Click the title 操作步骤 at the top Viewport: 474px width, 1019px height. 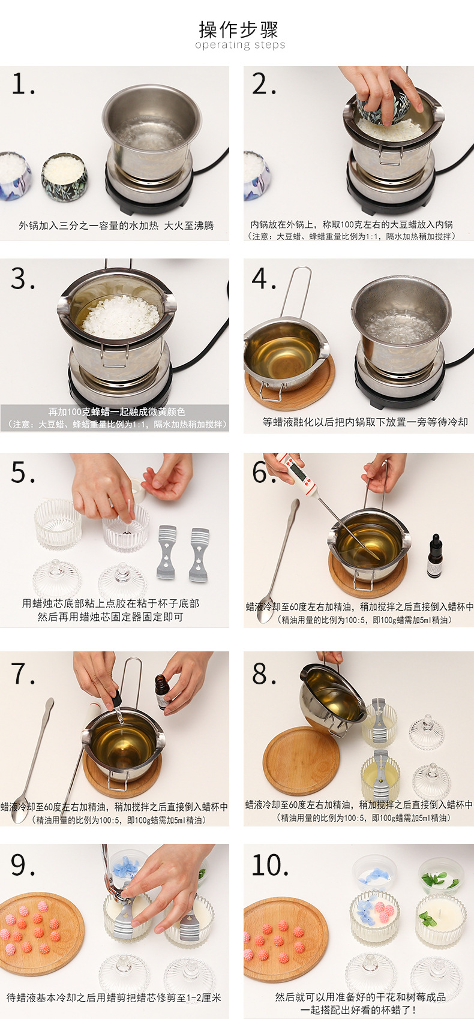click(x=238, y=29)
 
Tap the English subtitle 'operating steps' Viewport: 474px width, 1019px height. click(x=240, y=44)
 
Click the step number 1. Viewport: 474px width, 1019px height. click(x=23, y=85)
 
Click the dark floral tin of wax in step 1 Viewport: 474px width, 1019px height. click(x=64, y=176)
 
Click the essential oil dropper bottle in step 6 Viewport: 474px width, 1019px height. click(x=434, y=555)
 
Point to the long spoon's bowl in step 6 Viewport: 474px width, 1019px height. click(x=265, y=609)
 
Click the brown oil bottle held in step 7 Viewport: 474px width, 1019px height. click(x=162, y=692)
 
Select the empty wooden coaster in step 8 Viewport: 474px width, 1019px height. click(x=301, y=761)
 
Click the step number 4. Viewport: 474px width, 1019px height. click(x=264, y=278)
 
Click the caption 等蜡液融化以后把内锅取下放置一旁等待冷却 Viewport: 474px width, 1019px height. click(x=365, y=422)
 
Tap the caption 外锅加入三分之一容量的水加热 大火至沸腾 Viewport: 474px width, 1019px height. click(x=116, y=225)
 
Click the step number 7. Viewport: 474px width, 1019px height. click(x=23, y=674)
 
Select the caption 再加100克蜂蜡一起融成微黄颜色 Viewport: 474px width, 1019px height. click(x=117, y=411)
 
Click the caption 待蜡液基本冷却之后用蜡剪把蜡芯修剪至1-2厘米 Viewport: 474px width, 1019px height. click(x=114, y=997)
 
